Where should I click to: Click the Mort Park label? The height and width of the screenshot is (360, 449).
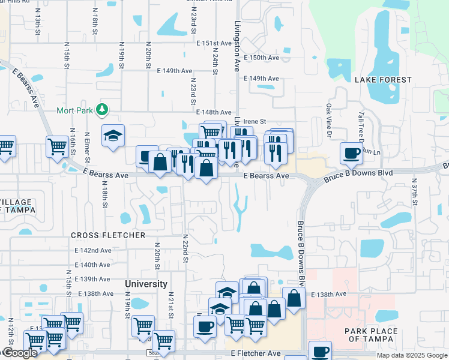pyautogui.click(x=74, y=110)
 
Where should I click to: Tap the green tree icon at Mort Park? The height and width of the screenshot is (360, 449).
pyautogui.click(x=103, y=109)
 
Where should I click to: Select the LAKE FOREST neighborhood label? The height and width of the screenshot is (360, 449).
pyautogui.click(x=383, y=80)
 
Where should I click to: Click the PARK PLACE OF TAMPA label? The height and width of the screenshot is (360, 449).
pyautogui.click(x=371, y=335)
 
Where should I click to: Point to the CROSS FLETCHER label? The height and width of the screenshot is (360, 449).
pyautogui.click(x=108, y=235)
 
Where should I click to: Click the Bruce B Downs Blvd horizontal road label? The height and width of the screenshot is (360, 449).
pyautogui.click(x=358, y=176)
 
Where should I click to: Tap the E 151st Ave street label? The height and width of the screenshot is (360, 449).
pyautogui.click(x=213, y=43)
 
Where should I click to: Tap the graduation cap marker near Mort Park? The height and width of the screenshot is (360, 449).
pyautogui.click(x=112, y=136)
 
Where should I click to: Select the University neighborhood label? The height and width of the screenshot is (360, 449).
pyautogui.click(x=146, y=284)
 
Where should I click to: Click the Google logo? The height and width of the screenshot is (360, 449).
pyautogui.click(x=19, y=353)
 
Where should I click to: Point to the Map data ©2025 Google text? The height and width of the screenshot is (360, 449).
pyautogui.click(x=411, y=355)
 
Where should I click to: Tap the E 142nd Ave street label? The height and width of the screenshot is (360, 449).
pyautogui.click(x=93, y=250)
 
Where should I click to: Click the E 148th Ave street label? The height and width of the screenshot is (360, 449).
pyautogui.click(x=213, y=112)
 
